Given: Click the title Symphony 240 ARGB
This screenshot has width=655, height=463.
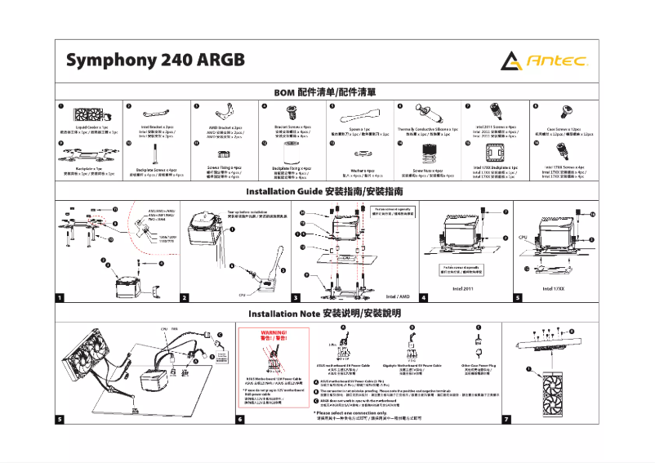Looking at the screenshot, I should click(x=155, y=61).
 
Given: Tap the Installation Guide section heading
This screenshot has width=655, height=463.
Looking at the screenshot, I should click(x=327, y=191).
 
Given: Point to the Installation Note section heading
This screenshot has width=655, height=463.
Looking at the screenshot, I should click(x=327, y=314).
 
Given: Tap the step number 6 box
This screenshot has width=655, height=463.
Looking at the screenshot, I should click(x=240, y=419).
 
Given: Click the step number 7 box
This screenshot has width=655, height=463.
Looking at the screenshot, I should click(x=506, y=419).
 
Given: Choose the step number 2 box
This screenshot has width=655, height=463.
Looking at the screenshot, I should click(x=185, y=297).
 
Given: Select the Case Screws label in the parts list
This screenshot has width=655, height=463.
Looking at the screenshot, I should click(x=563, y=129).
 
